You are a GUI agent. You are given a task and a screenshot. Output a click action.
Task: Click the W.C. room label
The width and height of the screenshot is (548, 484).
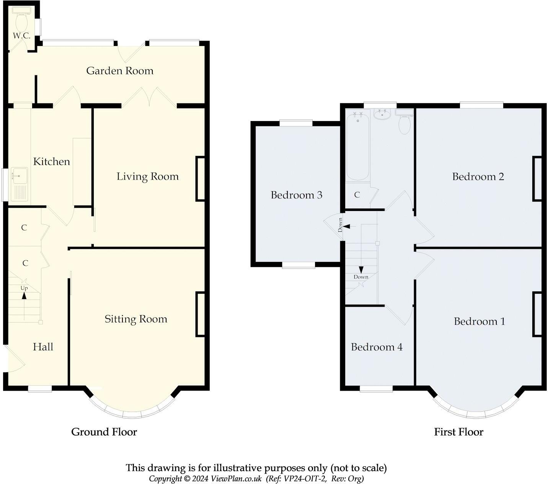[x=21, y=36]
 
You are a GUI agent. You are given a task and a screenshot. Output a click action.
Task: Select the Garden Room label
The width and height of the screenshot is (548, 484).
[x=120, y=70]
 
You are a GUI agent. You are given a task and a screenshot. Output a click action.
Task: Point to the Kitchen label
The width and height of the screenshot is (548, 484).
[x=52, y=162]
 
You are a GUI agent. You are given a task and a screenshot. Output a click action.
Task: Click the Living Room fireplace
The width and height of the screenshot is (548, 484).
[x=200, y=178]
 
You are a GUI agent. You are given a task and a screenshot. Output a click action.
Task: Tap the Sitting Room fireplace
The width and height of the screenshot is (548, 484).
[x=200, y=314]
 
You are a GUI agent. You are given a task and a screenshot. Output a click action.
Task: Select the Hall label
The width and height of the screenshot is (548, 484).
[x=43, y=347]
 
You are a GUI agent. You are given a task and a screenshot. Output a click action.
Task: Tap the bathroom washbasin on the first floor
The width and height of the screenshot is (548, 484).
[x=382, y=114]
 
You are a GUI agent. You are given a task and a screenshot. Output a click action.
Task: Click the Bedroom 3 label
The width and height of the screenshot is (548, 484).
[x=296, y=195]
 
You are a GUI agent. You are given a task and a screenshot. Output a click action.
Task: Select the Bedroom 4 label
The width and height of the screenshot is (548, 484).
[x=377, y=347]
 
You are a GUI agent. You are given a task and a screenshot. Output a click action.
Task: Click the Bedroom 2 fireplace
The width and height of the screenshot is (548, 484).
[x=537, y=178]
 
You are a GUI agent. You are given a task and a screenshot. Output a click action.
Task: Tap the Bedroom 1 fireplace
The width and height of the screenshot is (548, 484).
[x=537, y=314]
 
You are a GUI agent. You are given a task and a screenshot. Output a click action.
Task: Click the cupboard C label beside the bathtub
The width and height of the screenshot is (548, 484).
[x=357, y=195]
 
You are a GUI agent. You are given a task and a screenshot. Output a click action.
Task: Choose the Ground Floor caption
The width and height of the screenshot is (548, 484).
[x=104, y=432]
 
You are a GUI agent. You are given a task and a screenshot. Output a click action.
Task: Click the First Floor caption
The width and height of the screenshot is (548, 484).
[x=458, y=432]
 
